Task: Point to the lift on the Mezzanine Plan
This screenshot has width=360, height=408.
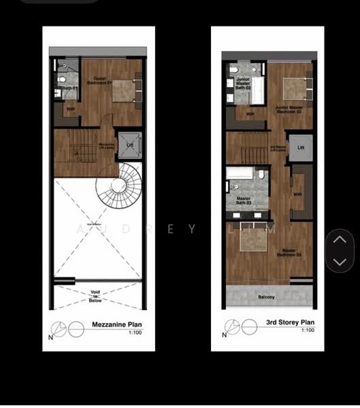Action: pyautogui.click(x=130, y=145)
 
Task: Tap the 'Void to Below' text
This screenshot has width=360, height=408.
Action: pyautogui.click(x=95, y=296)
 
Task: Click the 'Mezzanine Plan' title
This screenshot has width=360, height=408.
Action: pyautogui.click(x=116, y=325)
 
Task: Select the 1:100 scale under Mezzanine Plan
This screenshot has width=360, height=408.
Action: pyautogui.click(x=135, y=333)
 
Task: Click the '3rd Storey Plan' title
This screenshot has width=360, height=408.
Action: pyautogui.click(x=290, y=322)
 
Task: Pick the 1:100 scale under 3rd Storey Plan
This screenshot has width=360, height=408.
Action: pyautogui.click(x=307, y=330)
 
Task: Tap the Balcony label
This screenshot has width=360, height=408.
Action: pyautogui.click(x=267, y=297)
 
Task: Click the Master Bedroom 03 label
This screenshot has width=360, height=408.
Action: pyautogui.click(x=289, y=253)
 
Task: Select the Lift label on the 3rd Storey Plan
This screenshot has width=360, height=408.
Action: pyautogui.click(x=301, y=147)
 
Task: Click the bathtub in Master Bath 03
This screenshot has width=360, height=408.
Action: pyautogui.click(x=239, y=173)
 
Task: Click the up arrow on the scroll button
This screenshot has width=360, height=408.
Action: pyautogui.click(x=340, y=239)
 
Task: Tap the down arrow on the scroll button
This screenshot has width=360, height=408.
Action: pyautogui.click(x=340, y=262)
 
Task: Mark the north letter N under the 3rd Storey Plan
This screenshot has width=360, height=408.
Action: pyautogui.click(x=225, y=335)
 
